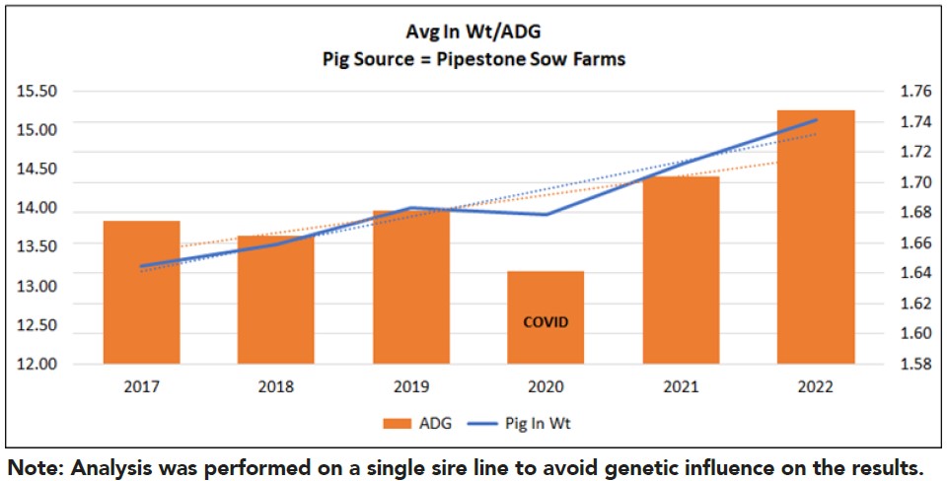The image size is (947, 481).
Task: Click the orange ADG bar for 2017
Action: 142,296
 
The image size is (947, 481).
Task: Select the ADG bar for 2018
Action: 276,301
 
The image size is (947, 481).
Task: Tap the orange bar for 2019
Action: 411,291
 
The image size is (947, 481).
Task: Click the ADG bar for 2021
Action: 681,271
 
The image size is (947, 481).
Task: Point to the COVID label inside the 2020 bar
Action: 546,322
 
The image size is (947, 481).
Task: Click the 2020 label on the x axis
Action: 546,387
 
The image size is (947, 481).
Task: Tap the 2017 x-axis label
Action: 142,387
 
